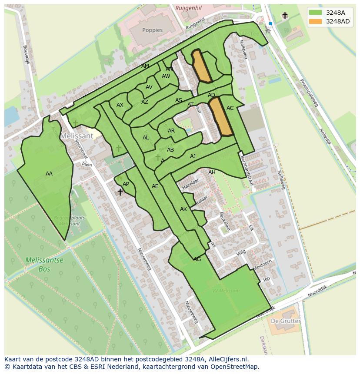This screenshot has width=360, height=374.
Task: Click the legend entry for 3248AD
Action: pyautogui.click(x=337, y=21)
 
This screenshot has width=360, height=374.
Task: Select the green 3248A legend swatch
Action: pyautogui.click(x=316, y=13)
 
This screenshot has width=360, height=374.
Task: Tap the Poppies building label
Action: pyautogui.click(x=152, y=30)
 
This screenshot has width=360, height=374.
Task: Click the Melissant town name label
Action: pyautogui.click(x=77, y=136)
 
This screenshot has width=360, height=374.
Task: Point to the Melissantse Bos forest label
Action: pyautogui.click(x=44, y=264)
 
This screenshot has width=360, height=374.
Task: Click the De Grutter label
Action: pyautogui.click(x=285, y=321)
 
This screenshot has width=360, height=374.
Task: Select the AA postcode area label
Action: pyautogui.click(x=49, y=174)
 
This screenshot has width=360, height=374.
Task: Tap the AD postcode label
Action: pyautogui.click(x=211, y=95)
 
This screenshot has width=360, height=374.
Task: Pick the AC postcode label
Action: pyautogui.click(x=230, y=108)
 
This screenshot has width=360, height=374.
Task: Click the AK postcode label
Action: pyautogui.click(x=183, y=209)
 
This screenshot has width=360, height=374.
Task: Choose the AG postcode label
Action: pyautogui.click(x=197, y=259)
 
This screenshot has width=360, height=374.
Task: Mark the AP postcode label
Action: pyautogui.click(x=126, y=184)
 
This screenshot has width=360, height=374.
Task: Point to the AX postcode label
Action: pyautogui.click(x=120, y=105)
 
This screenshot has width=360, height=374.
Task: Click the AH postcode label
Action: pyautogui.click(x=212, y=172)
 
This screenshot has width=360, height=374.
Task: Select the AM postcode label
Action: pyautogui.click(x=145, y=66)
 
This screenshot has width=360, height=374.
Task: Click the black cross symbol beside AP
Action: pyautogui.click(x=120, y=192)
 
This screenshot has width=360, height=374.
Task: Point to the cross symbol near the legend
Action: pyautogui.click(x=285, y=16)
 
